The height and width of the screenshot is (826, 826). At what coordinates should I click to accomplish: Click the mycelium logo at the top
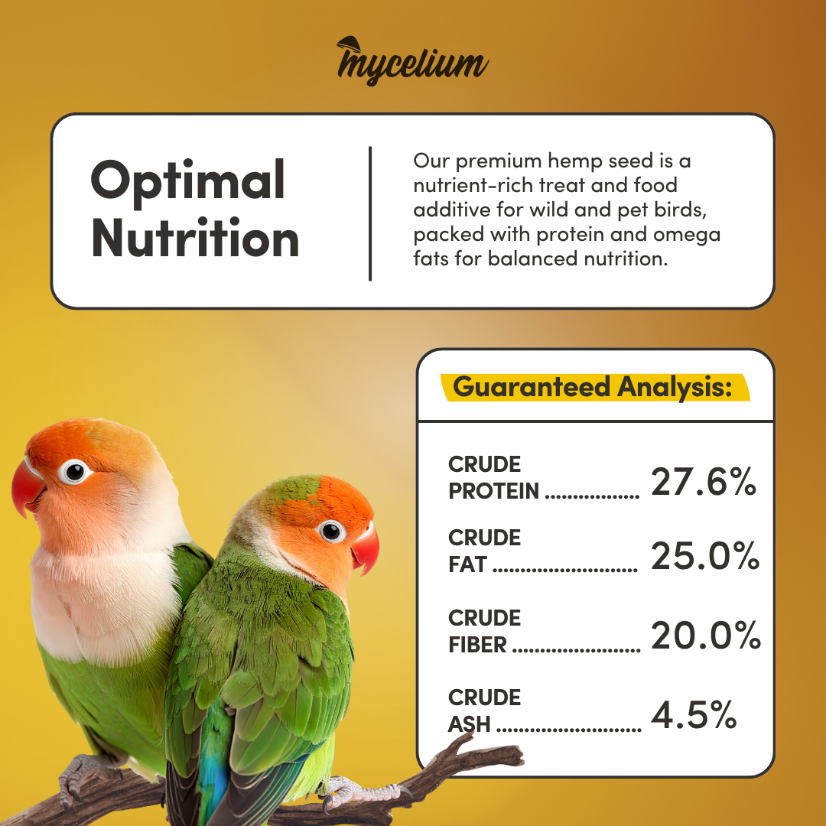pos(412,61)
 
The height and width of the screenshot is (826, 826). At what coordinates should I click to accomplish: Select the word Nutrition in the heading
pos(196,238)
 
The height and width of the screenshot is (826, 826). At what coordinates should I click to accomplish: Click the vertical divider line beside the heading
pos(370,213)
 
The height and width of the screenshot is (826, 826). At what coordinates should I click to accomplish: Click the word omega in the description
pos(686,235)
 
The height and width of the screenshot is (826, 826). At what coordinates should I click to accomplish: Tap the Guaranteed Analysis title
pos(593,387)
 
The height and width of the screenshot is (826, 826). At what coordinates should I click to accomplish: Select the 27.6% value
pos(704,482)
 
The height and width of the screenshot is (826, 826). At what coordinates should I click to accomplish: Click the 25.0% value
pos(705,556)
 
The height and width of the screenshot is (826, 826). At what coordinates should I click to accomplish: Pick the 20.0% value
pos(706,635)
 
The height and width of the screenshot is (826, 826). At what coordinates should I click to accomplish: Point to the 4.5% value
pos(693,715)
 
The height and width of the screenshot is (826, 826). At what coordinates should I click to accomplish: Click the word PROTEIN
pos(493,491)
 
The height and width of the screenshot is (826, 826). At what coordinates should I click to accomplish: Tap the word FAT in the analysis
pos(467,564)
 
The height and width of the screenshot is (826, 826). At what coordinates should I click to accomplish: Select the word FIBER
pos(477,645)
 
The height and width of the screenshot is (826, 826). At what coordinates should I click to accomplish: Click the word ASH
pos(469,724)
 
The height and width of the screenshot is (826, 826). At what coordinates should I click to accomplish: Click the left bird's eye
pos(74,471)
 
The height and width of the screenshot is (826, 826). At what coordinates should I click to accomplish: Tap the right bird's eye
pos(331,532)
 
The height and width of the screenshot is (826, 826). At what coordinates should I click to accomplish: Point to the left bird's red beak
pos(26,486)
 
